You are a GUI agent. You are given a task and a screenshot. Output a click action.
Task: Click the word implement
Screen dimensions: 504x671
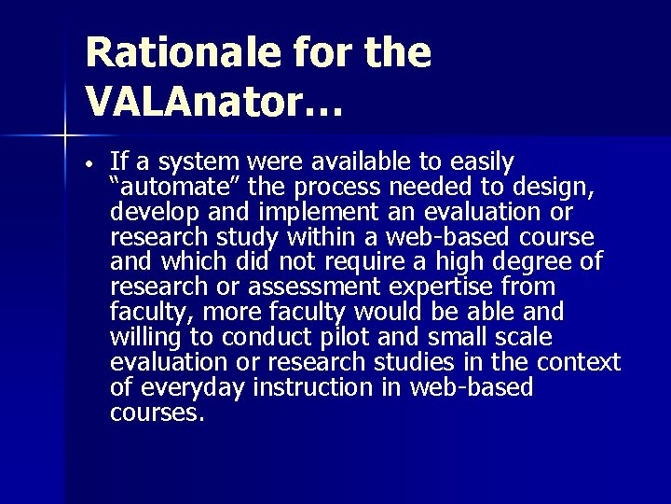(275, 210)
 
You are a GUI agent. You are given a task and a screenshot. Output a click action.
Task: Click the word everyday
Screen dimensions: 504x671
(197, 386)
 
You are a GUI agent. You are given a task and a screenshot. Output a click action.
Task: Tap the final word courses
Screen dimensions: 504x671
(155, 412)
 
